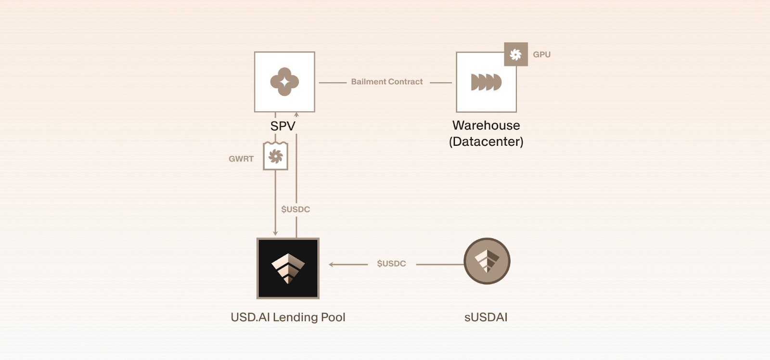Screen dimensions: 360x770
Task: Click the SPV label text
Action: [282, 126]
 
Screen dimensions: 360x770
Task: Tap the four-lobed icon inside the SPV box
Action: [284, 82]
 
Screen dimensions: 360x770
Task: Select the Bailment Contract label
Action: [386, 82]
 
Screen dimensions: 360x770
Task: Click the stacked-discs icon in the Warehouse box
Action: [486, 82]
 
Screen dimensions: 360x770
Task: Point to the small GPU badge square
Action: [516, 54]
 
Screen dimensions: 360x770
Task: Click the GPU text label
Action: [541, 54]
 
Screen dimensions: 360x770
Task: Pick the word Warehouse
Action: [486, 125]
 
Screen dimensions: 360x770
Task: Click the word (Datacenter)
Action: [486, 141]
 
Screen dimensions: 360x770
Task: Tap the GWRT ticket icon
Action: [275, 156]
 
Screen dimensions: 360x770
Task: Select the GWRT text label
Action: [241, 159]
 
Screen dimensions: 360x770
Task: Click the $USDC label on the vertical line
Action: [295, 209]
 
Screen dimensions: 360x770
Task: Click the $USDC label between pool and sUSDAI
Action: [391, 264]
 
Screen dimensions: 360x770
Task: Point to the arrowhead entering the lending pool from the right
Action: [332, 264]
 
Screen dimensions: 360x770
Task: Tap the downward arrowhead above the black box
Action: [275, 233]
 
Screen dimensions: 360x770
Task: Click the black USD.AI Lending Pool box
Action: [288, 268]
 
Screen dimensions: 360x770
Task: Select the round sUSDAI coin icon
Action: [487, 261]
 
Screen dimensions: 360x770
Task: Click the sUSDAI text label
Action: [486, 317]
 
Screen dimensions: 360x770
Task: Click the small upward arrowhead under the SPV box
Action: [296, 115]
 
